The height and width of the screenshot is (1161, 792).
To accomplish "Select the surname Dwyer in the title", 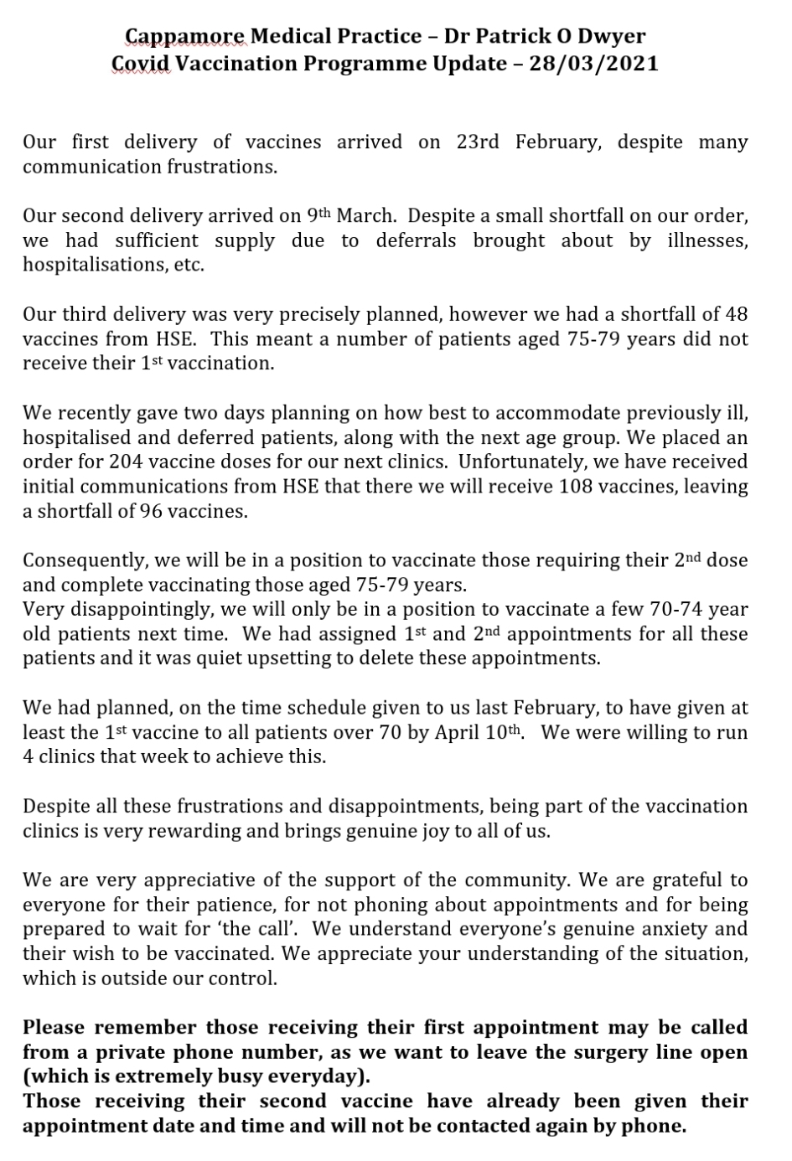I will tap(615, 36).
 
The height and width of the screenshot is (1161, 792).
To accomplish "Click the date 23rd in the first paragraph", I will tap(477, 142).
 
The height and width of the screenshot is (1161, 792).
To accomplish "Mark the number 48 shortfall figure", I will tap(735, 315).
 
